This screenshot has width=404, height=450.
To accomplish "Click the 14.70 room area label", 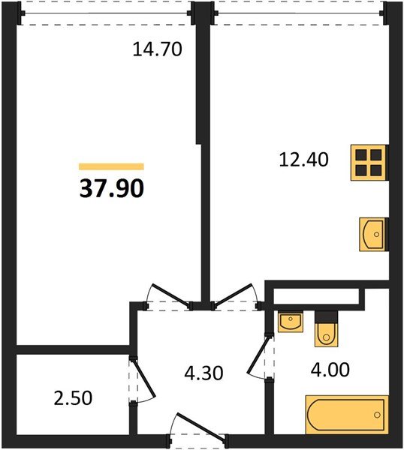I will pyautogui.click(x=158, y=49).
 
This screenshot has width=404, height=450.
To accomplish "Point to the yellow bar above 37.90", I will pyautogui.click(x=111, y=166).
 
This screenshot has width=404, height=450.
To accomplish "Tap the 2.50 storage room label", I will pyautogui.click(x=74, y=397).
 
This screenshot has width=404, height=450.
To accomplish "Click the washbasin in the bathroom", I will pyautogui.click(x=290, y=322).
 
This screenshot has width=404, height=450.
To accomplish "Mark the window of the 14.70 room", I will pyautogui.click(x=104, y=13).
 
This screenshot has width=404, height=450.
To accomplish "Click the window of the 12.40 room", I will pyautogui.click(x=298, y=13).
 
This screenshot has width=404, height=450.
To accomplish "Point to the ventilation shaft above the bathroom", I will pyautogui.click(x=315, y=295).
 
